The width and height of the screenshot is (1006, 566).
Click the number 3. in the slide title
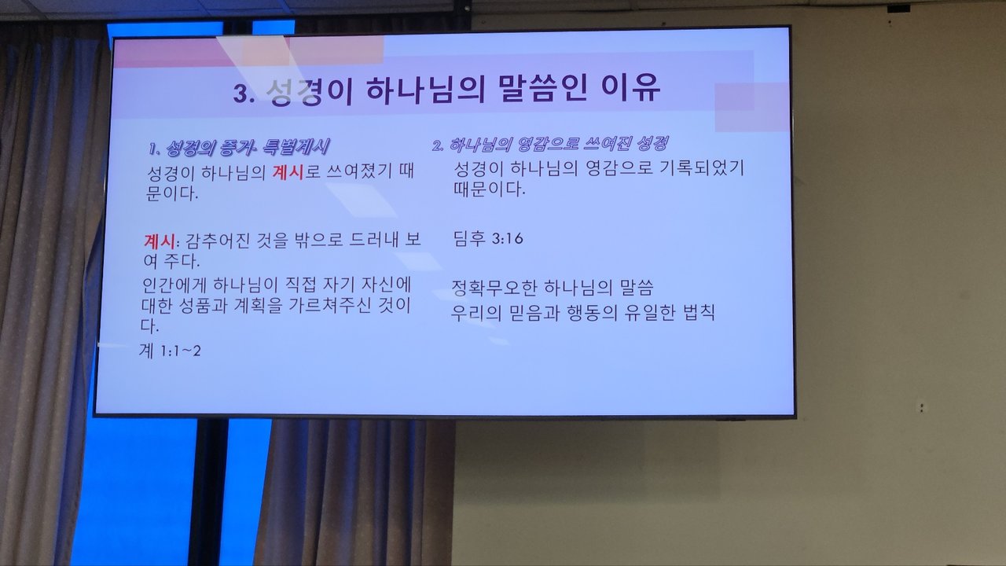click(x=244, y=94)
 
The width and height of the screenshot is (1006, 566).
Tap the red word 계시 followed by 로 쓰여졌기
click(x=288, y=172)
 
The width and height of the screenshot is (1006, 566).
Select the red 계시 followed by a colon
click(x=160, y=241)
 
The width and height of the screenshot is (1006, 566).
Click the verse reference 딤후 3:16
click(x=488, y=238)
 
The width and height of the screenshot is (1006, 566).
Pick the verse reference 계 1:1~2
click(x=170, y=351)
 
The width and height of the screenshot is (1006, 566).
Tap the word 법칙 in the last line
click(x=699, y=313)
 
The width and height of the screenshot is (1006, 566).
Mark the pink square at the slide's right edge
click(x=751, y=108)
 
